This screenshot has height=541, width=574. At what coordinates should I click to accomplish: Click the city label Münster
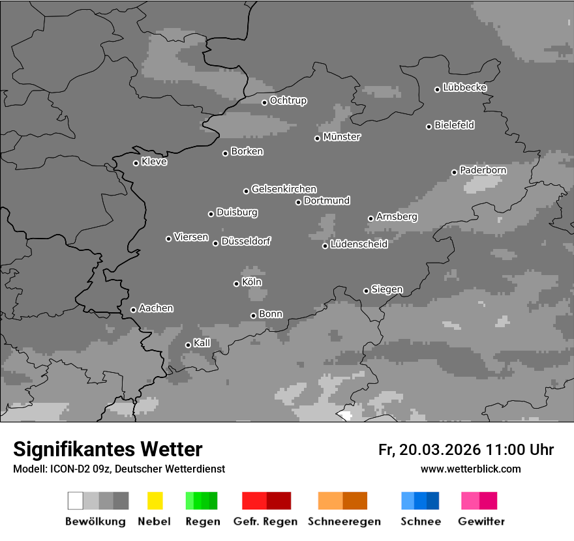pyautogui.click(x=342, y=137)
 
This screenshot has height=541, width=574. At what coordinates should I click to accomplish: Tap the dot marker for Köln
pyautogui.click(x=236, y=284)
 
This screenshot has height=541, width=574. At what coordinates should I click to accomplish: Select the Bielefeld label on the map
pyautogui.click(x=454, y=125)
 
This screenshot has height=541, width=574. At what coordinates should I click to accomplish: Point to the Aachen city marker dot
pyautogui.click(x=133, y=310)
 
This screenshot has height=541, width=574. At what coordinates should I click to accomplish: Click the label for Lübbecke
pyautogui.click(x=464, y=87)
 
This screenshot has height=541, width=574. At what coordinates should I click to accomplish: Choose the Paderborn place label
pyautogui.click(x=483, y=170)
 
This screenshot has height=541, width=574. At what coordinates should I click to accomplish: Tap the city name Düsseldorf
pyautogui.click(x=245, y=241)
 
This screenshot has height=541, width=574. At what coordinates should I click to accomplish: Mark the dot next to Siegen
pyautogui.click(x=366, y=291)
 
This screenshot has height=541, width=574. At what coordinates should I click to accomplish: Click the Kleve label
pyautogui.click(x=154, y=162)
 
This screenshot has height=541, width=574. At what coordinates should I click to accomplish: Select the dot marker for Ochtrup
pyautogui.click(x=264, y=102)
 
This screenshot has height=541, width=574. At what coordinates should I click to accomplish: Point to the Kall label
pyautogui.click(x=202, y=343)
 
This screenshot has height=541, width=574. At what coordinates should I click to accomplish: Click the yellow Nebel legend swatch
pyautogui.click(x=155, y=501)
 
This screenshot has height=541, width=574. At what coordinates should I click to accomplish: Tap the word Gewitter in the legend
pyautogui.click(x=481, y=521)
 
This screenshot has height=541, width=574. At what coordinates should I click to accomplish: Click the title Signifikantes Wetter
pyautogui.click(x=108, y=449)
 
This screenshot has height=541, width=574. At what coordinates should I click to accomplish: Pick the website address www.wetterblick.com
pyautogui.click(x=470, y=469)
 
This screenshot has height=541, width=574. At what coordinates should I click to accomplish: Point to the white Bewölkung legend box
pyautogui.click(x=76, y=501)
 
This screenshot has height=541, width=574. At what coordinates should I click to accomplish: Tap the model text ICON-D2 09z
pyautogui.click(x=79, y=469)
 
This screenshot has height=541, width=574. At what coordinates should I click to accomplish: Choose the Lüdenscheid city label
pyautogui.click(x=359, y=244)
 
